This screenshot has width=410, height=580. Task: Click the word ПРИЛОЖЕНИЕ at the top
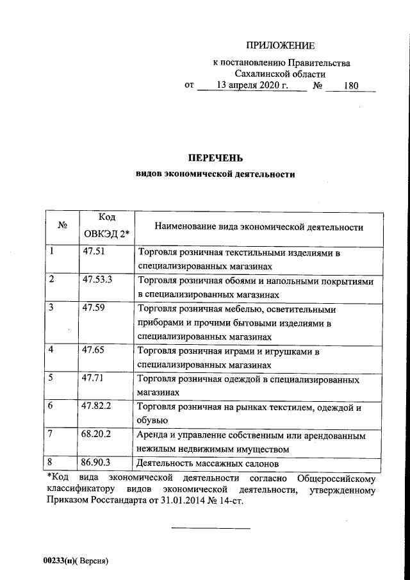coord(281,46)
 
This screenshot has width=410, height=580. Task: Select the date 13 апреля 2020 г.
coord(252,85)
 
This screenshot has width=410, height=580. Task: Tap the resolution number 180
coord(350,85)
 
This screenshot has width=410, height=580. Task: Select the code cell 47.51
coord(94,253)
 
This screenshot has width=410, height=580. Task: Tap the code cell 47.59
coord(94,308)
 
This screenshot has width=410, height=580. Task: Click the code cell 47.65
coord(94,350)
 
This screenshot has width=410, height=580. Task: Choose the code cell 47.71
coord(94,378)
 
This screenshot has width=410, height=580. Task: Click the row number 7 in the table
coord(51,435)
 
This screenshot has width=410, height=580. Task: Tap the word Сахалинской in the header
coord(261,74)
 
